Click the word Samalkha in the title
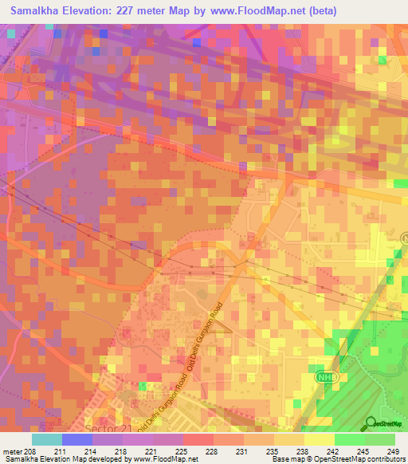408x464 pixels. pos(40,11)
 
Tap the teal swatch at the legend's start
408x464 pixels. pos(47,439)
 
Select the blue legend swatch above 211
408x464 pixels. pos(77,439)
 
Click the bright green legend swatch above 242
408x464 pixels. pos(349,439)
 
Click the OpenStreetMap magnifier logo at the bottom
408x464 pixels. pos(371,423)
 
